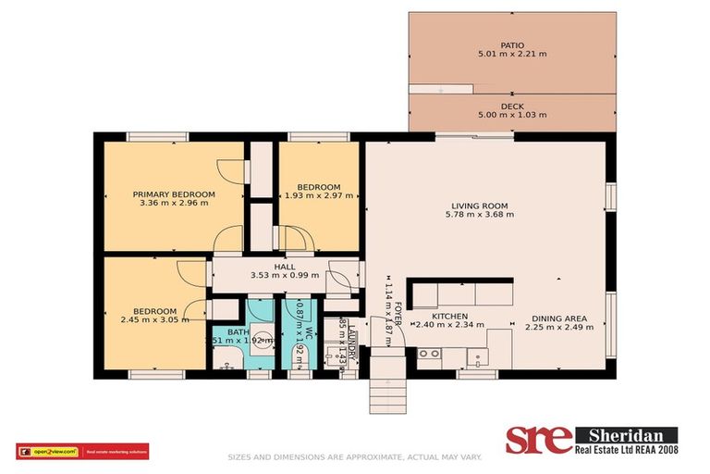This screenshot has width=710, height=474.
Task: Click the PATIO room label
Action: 512,44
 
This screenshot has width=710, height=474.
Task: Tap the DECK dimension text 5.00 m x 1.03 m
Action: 512,116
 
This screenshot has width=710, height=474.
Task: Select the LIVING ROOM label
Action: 479,206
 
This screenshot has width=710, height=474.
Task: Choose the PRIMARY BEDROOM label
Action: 174,194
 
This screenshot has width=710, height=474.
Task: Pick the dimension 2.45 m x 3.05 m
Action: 154,320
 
